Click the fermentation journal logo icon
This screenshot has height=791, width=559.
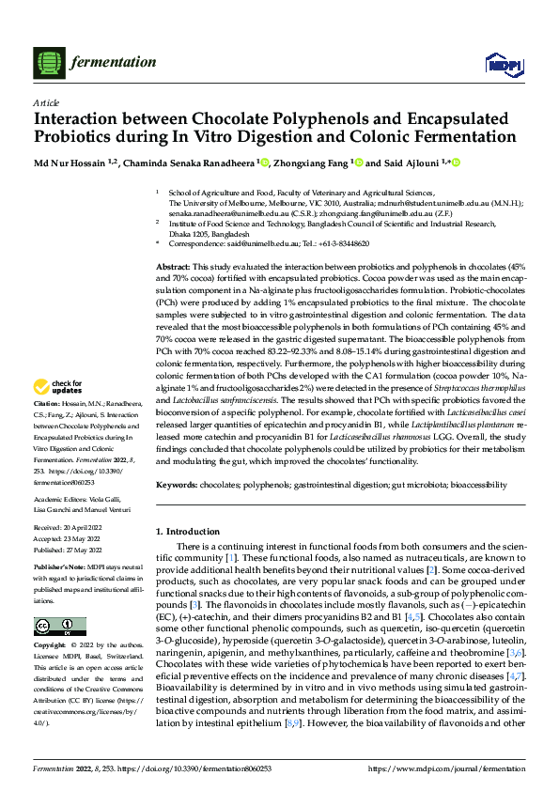48,62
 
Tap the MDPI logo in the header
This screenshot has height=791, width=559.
500,63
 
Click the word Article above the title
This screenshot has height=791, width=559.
46,101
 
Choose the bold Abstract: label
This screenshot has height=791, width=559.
174,268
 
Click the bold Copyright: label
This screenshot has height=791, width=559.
51,646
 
